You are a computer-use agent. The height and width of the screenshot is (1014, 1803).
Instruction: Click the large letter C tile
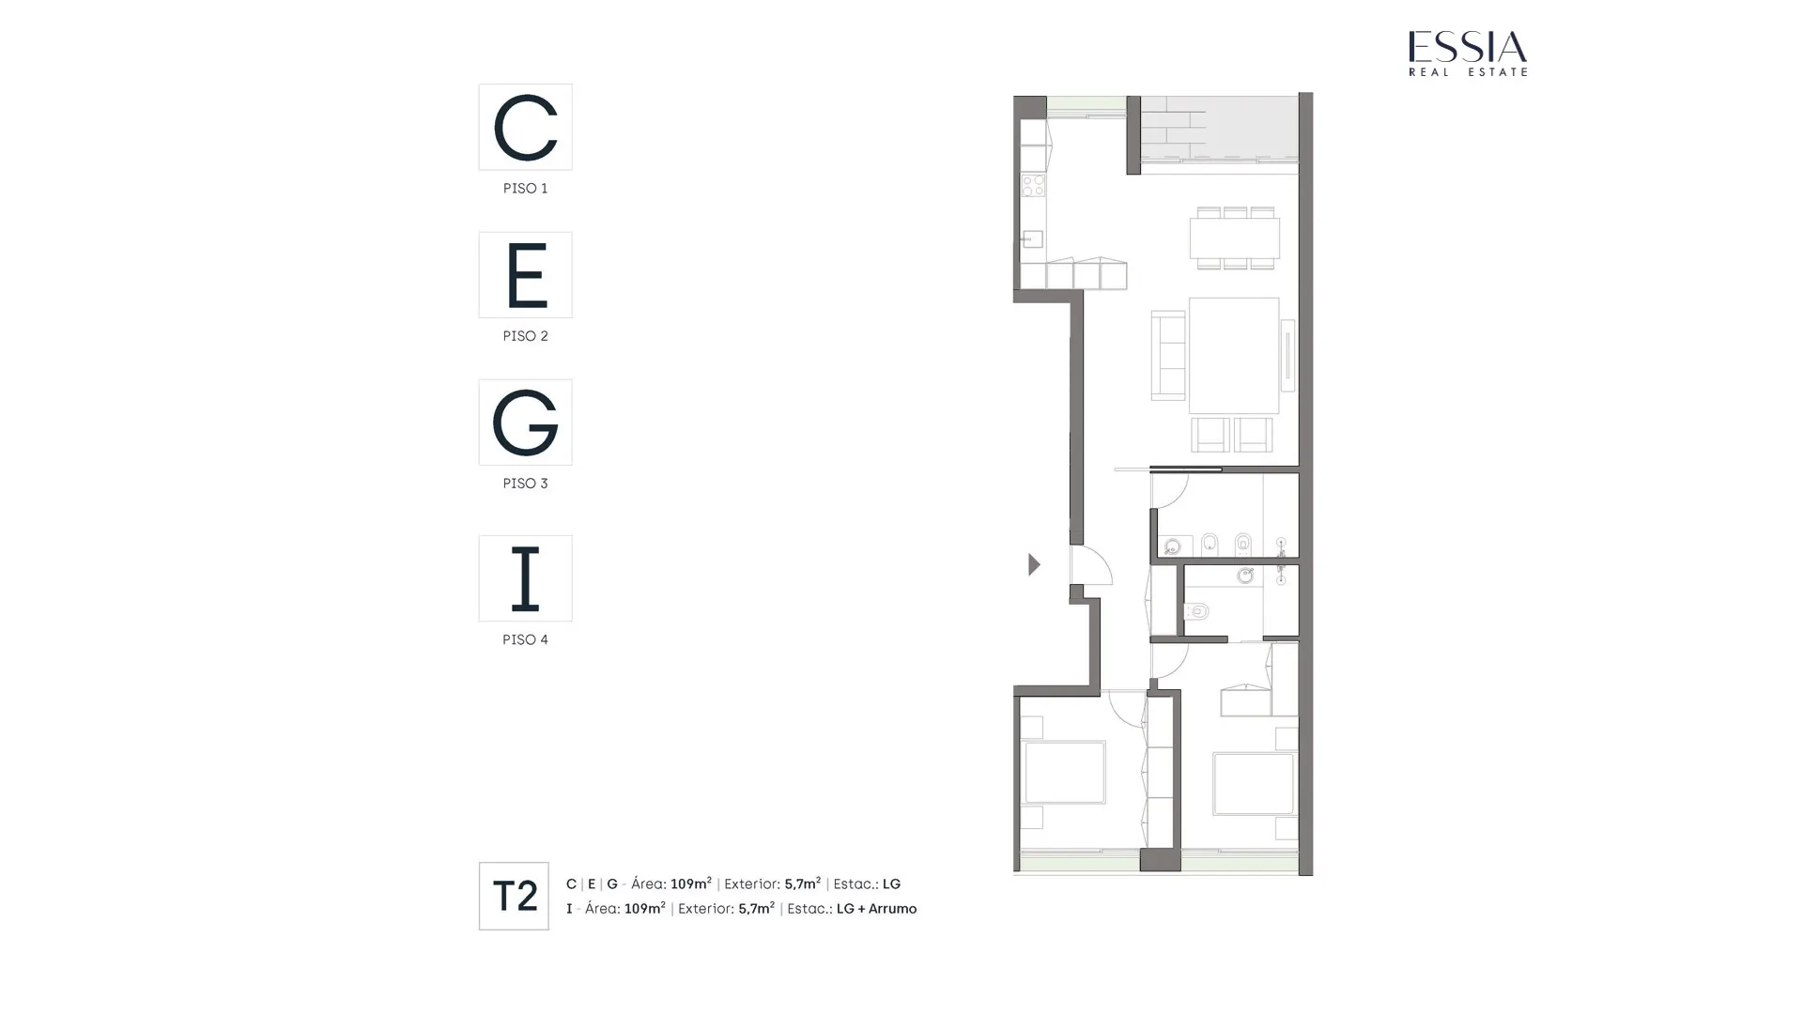[x=525, y=127]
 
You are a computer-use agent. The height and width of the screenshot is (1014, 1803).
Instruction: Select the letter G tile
[x=525, y=422]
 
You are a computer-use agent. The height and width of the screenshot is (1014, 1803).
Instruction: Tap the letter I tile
[x=525, y=578]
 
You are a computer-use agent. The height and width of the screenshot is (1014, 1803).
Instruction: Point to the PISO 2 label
[x=525, y=336]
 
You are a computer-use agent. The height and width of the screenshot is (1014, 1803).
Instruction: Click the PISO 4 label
[x=525, y=639]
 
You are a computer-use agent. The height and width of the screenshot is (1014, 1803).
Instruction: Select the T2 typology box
[x=514, y=897]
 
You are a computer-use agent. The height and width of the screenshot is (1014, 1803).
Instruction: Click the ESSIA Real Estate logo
[x=1468, y=54]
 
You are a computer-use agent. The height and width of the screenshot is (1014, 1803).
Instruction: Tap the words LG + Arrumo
[x=876, y=909]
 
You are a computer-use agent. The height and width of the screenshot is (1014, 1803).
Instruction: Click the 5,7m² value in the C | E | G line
[x=802, y=883]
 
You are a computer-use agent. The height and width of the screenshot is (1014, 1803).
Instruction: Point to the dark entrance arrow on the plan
[x=1034, y=564]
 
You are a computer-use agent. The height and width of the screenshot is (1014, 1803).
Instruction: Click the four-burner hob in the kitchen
[x=1033, y=185]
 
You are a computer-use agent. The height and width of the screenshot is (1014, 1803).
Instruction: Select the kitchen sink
[x=1032, y=239]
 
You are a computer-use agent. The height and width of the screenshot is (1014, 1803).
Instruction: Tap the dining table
[x=1234, y=238]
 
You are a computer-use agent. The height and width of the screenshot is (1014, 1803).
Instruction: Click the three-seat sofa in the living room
[x=1168, y=356]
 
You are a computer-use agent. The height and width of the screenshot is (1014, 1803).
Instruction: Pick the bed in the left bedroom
[x=1064, y=773]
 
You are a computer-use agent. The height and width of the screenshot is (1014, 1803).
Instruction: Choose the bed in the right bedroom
[x=1253, y=784]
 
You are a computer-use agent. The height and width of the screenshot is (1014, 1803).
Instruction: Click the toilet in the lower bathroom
[x=1196, y=611]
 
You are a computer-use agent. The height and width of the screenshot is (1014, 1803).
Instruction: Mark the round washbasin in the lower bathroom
[x=1245, y=576]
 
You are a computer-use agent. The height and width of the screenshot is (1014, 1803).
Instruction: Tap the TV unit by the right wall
[x=1287, y=356]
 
